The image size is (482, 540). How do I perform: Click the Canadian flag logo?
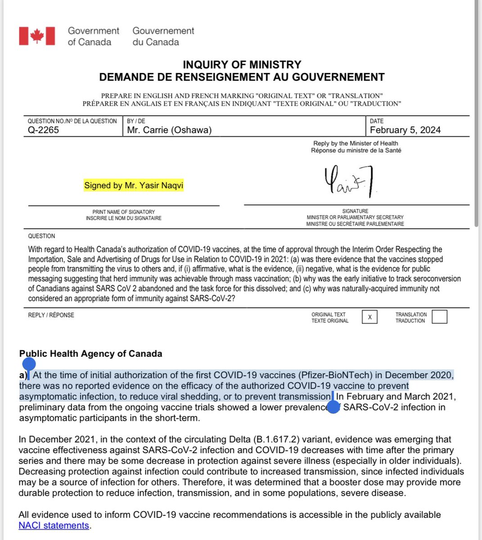click(x=37, y=36)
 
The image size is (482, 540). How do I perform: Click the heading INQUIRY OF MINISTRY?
click(x=242, y=65)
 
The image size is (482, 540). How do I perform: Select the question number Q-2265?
click(x=44, y=130)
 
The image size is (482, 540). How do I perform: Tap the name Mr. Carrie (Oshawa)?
click(x=169, y=130)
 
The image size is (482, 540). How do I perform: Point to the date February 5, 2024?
click(x=405, y=130)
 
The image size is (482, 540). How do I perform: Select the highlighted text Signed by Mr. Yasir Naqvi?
click(x=134, y=185)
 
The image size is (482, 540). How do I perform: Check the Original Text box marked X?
click(x=369, y=317)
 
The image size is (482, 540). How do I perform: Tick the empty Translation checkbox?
click(x=439, y=317)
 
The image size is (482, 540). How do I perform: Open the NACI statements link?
click(x=54, y=526)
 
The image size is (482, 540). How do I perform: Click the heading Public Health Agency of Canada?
click(x=90, y=354)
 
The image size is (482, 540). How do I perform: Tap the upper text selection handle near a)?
click(x=28, y=364)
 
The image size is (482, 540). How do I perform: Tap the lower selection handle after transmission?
click(x=333, y=407)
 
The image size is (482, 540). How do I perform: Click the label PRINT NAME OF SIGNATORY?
click(x=123, y=212)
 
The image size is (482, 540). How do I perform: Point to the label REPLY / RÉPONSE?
click(x=51, y=315)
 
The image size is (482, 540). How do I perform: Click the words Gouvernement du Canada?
click(x=163, y=36)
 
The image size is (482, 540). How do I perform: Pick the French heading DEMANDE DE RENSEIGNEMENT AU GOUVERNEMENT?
click(x=242, y=77)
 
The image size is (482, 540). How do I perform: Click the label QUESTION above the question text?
click(x=41, y=236)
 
